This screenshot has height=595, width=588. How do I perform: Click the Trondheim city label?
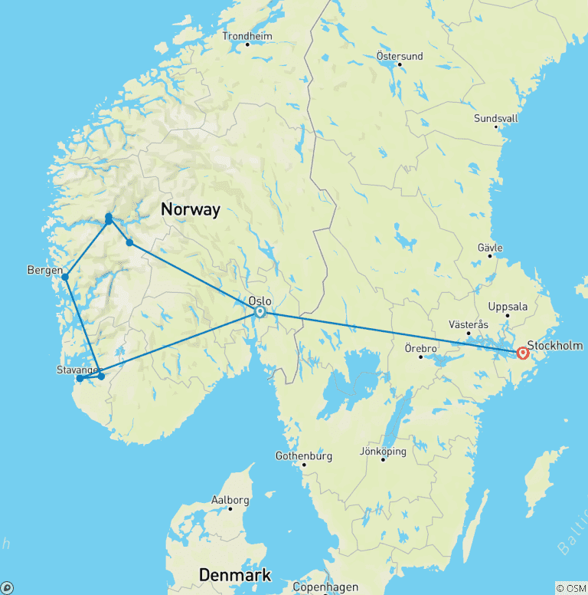[x=247, y=35]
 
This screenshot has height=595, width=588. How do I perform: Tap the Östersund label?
[x=400, y=55]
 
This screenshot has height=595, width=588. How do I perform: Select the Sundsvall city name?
[x=495, y=118]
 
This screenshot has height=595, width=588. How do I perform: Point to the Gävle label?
[x=489, y=248]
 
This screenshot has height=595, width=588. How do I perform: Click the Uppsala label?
[x=508, y=306]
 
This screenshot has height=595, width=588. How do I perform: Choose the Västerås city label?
[x=469, y=324]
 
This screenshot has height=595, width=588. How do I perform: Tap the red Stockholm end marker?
[x=523, y=353]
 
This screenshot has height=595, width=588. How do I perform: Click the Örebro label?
[x=420, y=348]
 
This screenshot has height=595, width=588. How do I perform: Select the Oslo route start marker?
[x=260, y=311]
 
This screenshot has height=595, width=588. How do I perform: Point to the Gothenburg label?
[x=303, y=456]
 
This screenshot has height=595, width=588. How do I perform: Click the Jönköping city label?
[x=383, y=451]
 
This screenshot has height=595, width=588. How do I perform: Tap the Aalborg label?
[x=230, y=500]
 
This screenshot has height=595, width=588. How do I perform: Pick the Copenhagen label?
[x=325, y=587]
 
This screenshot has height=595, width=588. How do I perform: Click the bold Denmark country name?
[x=235, y=575]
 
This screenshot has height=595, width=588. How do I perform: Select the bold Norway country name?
[x=190, y=209]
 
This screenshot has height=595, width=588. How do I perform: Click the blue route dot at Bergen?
[x=65, y=277]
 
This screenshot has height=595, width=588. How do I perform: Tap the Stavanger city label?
[x=79, y=370]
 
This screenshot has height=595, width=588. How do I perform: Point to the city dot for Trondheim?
[x=247, y=44]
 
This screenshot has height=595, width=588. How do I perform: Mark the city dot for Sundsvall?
[x=495, y=127]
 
